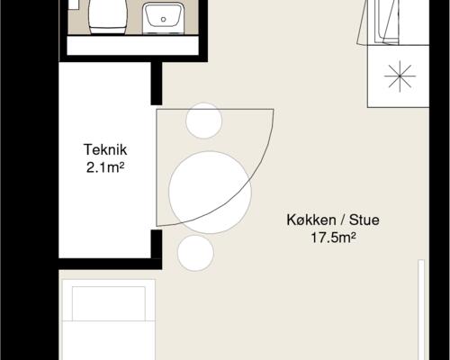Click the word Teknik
105,149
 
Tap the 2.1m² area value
105,167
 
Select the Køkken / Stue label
333,220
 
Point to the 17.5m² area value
333,238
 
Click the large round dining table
210,193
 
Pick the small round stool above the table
203,121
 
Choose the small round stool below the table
195,253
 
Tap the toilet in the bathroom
107,16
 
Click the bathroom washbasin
163,18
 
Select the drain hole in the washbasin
163,20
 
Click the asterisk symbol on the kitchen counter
400,76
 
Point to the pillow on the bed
109,303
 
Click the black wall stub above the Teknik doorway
157,84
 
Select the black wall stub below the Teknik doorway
157,245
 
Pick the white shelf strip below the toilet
132,46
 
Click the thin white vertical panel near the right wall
421,310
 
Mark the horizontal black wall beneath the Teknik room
111,264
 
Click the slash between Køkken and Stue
342,220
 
